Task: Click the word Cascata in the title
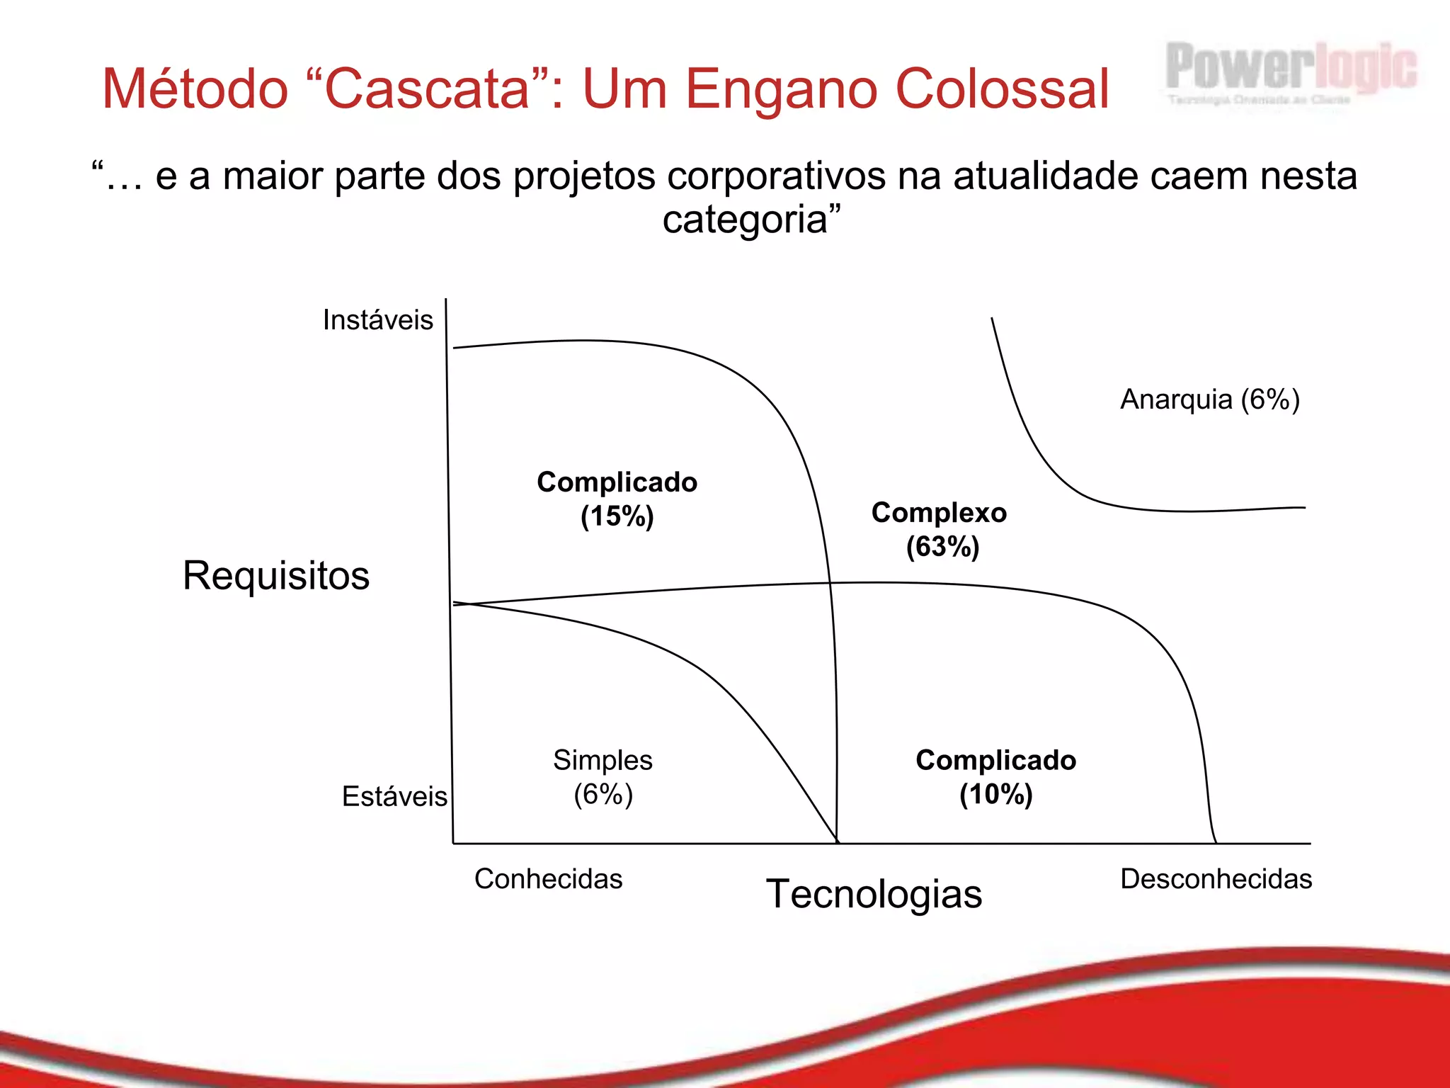coord(428,89)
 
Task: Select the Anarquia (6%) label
coord(1209,399)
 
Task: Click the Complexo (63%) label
coord(940,529)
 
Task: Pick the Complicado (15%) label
coord(617,499)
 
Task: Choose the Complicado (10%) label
coord(995,776)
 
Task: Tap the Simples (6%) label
coord(603,776)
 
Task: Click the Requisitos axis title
coord(276,575)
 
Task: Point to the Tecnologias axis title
coord(874,894)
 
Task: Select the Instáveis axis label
coord(377,320)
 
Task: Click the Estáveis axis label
coord(394,797)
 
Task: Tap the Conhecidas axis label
coord(548,879)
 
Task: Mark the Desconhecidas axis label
coord(1216,879)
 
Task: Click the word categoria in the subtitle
coord(745,220)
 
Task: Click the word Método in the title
coord(195,89)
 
